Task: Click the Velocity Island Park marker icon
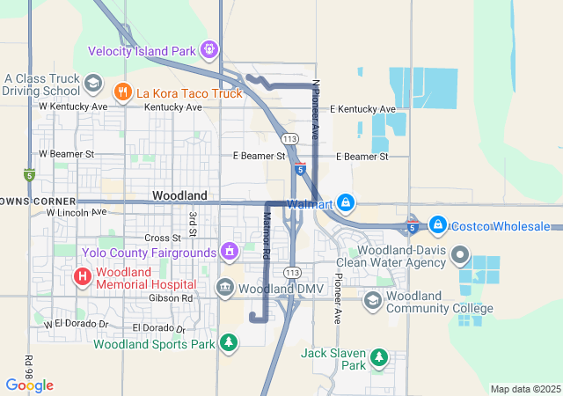tap(209, 50)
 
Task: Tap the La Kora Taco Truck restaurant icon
tap(122, 91)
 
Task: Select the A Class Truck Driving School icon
tap(91, 84)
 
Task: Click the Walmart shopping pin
tap(346, 202)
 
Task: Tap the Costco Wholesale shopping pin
tap(437, 225)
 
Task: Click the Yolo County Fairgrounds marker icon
tap(230, 253)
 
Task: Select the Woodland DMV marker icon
tap(224, 288)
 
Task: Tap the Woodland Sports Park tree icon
tap(229, 342)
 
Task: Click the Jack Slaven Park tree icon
tap(378, 356)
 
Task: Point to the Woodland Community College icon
tap(373, 301)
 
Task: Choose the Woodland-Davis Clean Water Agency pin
tap(459, 256)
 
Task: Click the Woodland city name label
tap(179, 194)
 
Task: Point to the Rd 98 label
tap(29, 364)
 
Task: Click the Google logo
tap(29, 385)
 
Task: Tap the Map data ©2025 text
tap(524, 389)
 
